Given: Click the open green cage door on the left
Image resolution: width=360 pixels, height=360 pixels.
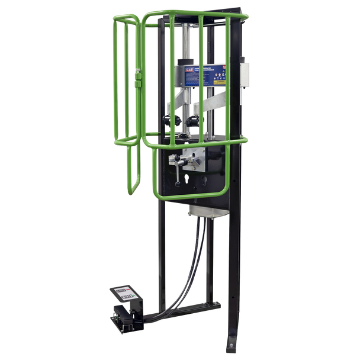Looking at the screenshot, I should coord(126,107).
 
